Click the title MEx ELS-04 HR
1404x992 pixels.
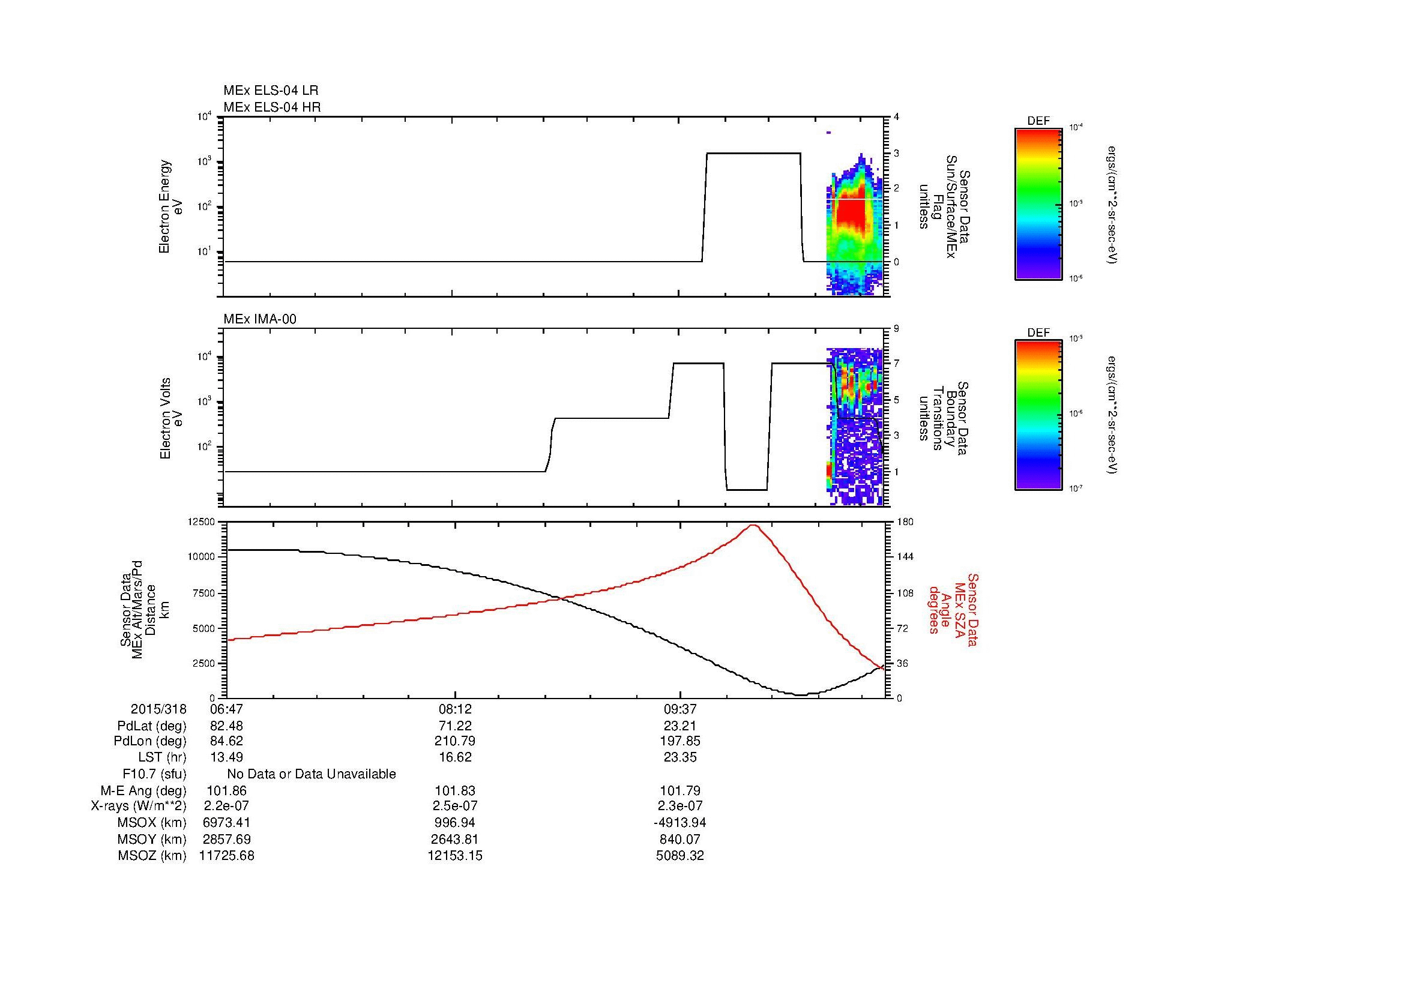click(x=272, y=107)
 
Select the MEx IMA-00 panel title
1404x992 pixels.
click(x=260, y=319)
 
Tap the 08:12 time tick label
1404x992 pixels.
click(x=455, y=709)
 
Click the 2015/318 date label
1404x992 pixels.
click(x=158, y=709)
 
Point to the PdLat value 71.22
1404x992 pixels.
click(x=455, y=726)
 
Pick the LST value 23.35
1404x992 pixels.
click(x=680, y=757)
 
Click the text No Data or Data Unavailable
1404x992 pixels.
click(x=312, y=774)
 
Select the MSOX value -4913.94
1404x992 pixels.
click(x=680, y=823)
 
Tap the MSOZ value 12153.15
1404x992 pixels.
click(x=455, y=856)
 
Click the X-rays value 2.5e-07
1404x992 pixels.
click(x=455, y=806)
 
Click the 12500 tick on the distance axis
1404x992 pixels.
click(x=201, y=522)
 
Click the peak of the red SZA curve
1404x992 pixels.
click(x=753, y=525)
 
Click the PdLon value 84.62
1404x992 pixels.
click(x=226, y=741)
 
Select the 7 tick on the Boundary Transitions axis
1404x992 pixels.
click(x=896, y=364)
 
